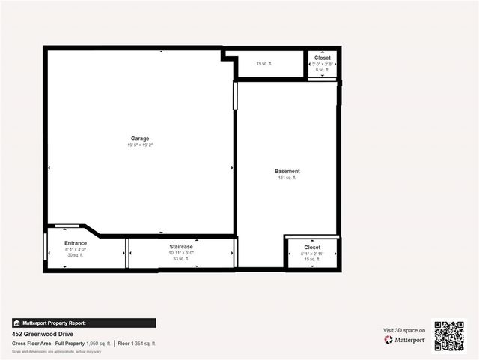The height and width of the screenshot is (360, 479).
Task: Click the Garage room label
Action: (x=140, y=139)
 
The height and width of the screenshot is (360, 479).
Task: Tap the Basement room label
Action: (x=287, y=171)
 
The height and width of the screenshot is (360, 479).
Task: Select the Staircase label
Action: (x=181, y=247)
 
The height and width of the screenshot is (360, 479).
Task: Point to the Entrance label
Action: (x=76, y=243)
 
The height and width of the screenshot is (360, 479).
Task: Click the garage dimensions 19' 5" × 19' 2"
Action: (x=140, y=145)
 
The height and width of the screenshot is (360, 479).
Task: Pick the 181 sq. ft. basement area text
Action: (x=287, y=178)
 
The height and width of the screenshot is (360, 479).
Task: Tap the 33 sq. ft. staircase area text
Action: (x=181, y=259)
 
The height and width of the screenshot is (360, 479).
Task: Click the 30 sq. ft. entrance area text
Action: (x=76, y=255)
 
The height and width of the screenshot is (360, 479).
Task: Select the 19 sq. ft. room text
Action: (x=264, y=64)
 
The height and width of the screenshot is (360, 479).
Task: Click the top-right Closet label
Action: (x=323, y=58)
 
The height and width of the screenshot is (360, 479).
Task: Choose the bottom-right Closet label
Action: (x=312, y=247)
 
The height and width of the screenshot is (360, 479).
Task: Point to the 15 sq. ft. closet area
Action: (x=312, y=259)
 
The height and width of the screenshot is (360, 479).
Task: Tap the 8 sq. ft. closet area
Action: (x=323, y=70)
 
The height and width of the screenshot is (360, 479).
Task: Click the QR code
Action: (x=449, y=336)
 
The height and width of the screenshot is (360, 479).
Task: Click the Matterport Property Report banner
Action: (x=84, y=323)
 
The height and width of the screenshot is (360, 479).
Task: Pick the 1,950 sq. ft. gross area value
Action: (x=98, y=343)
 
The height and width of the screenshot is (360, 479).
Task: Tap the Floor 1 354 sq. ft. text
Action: (x=137, y=343)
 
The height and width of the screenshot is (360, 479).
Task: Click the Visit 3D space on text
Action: (x=404, y=330)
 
